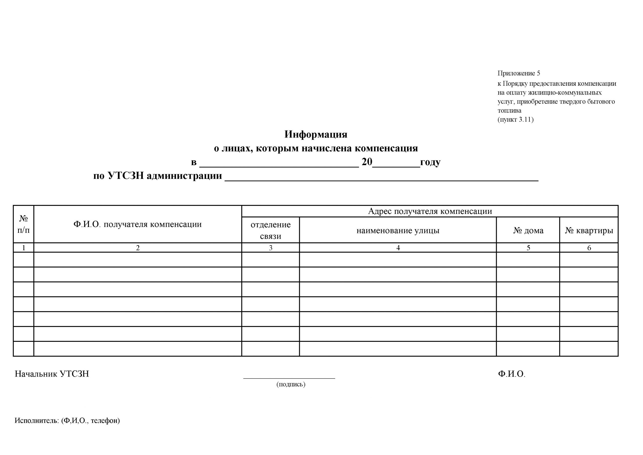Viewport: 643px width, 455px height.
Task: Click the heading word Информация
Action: click(316, 134)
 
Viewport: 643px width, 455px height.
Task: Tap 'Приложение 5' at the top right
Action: click(519, 73)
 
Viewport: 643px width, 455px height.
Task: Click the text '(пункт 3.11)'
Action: click(515, 119)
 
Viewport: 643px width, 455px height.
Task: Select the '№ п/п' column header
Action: click(24, 224)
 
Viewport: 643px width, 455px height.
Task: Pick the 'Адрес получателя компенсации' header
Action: click(430, 211)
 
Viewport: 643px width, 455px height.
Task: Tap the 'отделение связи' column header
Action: click(271, 230)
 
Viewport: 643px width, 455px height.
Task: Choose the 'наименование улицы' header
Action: click(398, 231)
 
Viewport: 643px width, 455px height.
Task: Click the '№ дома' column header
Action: click(528, 231)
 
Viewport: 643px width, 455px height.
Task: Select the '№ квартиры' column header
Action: click(589, 231)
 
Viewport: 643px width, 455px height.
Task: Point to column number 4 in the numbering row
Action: click(398, 248)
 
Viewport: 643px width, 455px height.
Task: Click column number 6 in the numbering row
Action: click(589, 248)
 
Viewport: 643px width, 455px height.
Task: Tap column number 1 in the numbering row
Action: click(24, 248)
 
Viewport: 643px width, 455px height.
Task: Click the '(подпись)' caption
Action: click(291, 384)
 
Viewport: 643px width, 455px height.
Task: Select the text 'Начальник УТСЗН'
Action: click(52, 374)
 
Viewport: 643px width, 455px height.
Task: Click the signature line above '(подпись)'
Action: click(289, 378)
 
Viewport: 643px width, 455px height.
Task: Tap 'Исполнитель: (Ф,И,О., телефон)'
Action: click(67, 421)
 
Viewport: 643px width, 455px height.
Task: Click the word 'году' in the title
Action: click(430, 162)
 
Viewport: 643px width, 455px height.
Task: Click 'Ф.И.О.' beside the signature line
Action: click(511, 374)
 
